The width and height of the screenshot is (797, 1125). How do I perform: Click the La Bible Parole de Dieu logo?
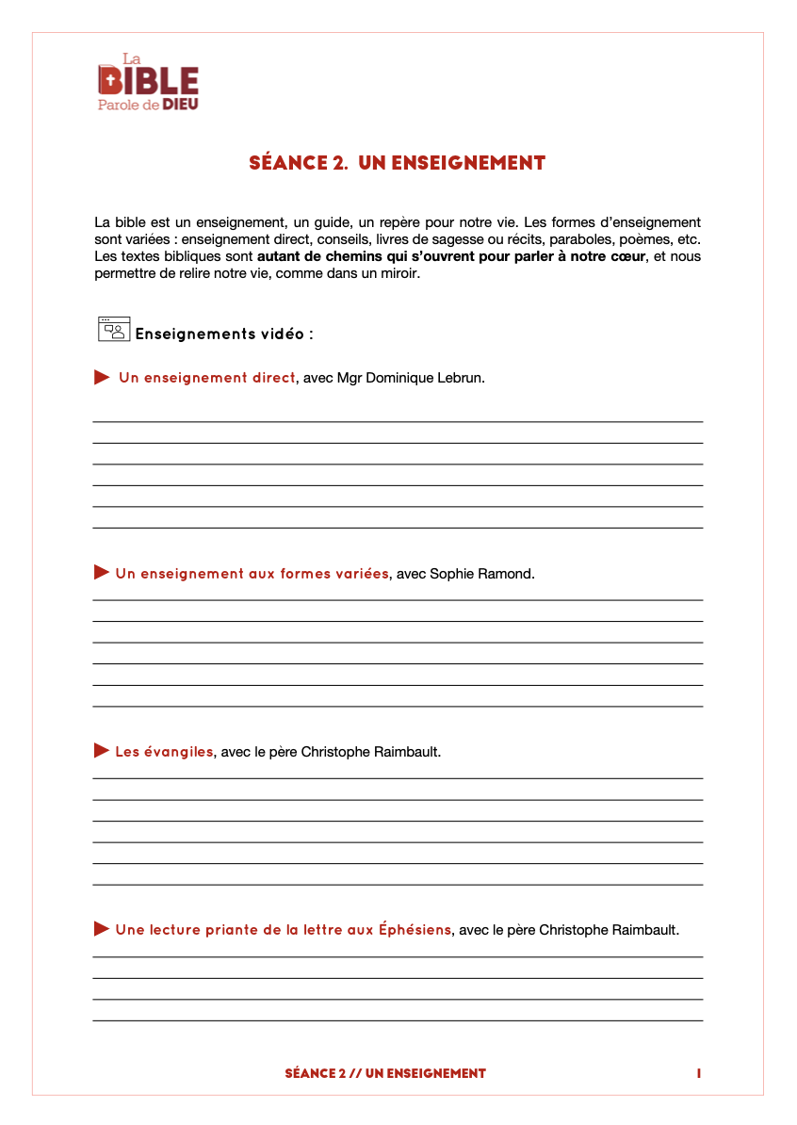click(x=148, y=82)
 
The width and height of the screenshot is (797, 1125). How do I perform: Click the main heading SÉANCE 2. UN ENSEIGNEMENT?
click(x=398, y=163)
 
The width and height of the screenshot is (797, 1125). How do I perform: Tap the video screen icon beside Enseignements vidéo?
click(x=113, y=328)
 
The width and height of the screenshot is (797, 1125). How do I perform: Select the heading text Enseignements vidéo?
click(x=224, y=334)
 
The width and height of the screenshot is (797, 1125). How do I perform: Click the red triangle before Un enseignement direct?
click(x=102, y=378)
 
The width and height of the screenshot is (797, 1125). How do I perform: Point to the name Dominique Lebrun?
click(x=429, y=378)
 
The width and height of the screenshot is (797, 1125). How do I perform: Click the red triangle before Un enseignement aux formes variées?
click(x=102, y=573)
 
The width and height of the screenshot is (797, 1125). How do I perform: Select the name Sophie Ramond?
click(x=481, y=574)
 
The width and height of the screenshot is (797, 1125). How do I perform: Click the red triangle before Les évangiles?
click(x=102, y=751)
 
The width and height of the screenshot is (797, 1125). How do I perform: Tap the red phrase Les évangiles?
click(x=164, y=752)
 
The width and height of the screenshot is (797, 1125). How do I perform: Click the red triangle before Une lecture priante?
click(x=102, y=929)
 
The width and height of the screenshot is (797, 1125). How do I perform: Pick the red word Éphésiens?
click(x=415, y=930)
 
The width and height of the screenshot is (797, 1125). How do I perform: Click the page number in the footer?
click(x=699, y=1073)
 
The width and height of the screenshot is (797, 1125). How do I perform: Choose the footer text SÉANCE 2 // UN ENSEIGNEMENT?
click(x=385, y=1073)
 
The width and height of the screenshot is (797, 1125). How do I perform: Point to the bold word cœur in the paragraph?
click(x=626, y=256)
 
